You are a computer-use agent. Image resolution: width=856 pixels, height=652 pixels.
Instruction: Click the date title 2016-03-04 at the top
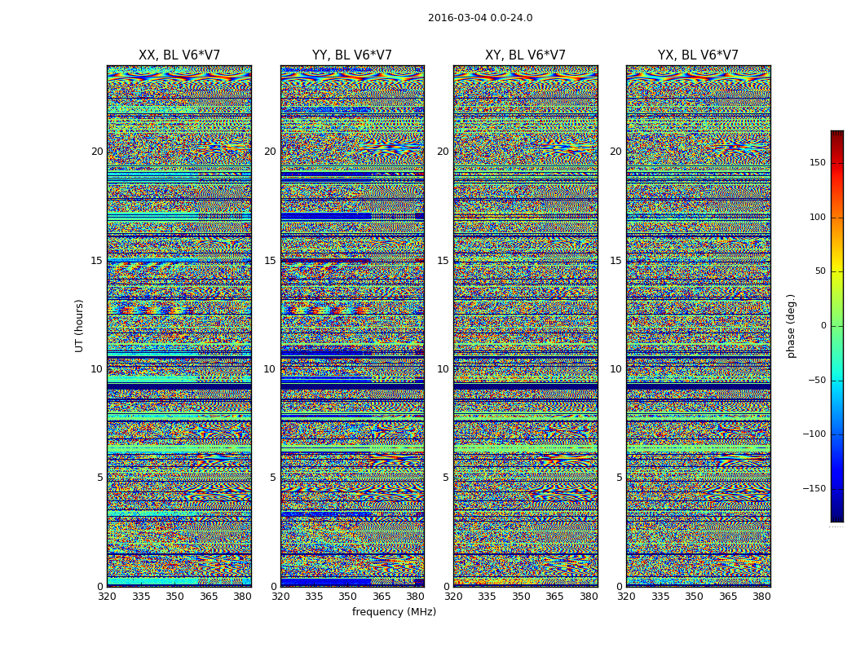[479, 18]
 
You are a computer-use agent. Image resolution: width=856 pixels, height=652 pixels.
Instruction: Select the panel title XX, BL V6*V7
[179, 55]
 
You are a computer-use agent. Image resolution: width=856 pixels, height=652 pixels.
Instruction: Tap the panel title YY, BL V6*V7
[352, 55]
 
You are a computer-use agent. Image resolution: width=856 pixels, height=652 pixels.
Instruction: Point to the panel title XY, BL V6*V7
[525, 55]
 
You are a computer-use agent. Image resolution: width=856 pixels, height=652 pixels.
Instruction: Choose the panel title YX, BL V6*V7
[698, 55]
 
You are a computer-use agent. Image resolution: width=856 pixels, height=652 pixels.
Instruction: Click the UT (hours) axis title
[80, 325]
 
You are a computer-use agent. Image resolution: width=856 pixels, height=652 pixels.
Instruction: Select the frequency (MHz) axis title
[394, 612]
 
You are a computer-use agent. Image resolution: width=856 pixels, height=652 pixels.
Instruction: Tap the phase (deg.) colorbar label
[791, 325]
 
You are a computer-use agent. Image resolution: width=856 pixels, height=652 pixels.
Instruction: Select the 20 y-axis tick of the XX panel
[97, 152]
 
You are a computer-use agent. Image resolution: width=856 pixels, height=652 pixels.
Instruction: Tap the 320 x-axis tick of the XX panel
[108, 597]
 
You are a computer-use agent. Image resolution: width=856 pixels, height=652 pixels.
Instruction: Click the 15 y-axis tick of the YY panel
[270, 261]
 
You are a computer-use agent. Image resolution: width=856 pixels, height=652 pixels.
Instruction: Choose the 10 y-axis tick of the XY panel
[443, 369]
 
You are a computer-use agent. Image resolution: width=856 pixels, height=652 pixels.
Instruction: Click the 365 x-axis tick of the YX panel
[728, 597]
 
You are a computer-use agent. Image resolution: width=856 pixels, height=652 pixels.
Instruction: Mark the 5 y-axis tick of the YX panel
[619, 478]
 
